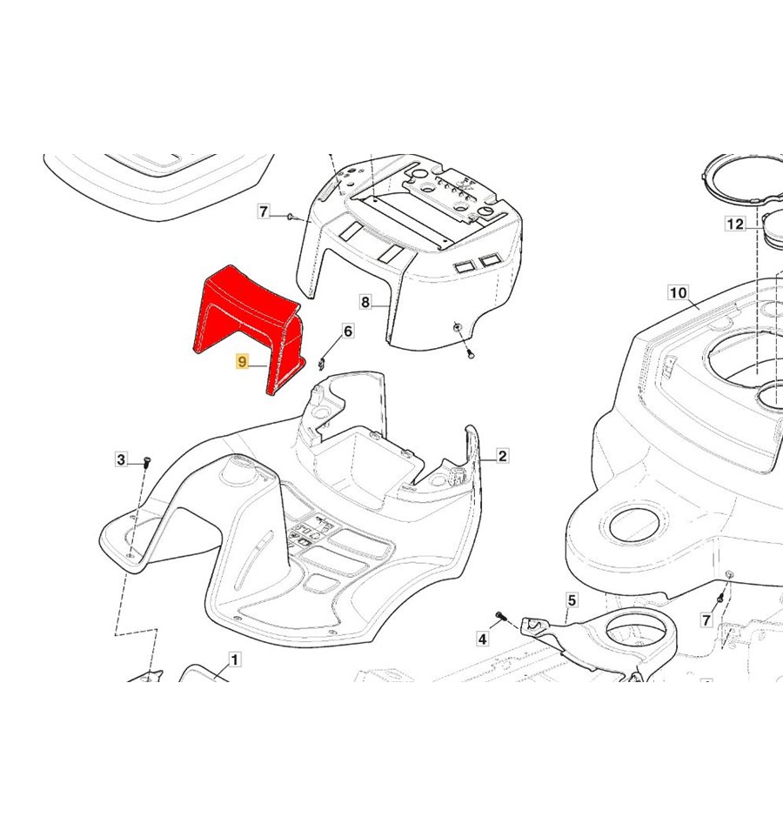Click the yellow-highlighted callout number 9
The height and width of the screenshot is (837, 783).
243,361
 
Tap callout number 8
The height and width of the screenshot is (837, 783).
365,302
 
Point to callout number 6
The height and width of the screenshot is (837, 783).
347,331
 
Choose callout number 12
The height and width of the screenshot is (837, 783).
735,224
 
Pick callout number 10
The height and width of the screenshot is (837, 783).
678,292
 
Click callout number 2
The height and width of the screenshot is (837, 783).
502,456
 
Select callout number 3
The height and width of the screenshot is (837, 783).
121,459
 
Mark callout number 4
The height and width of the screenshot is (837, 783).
483,639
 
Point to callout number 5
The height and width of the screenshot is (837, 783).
572,600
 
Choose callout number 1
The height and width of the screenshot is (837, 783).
234,660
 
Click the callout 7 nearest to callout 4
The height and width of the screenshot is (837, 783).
706,619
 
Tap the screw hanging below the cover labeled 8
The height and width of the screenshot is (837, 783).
470,353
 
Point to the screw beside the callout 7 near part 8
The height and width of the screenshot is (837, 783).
291,217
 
